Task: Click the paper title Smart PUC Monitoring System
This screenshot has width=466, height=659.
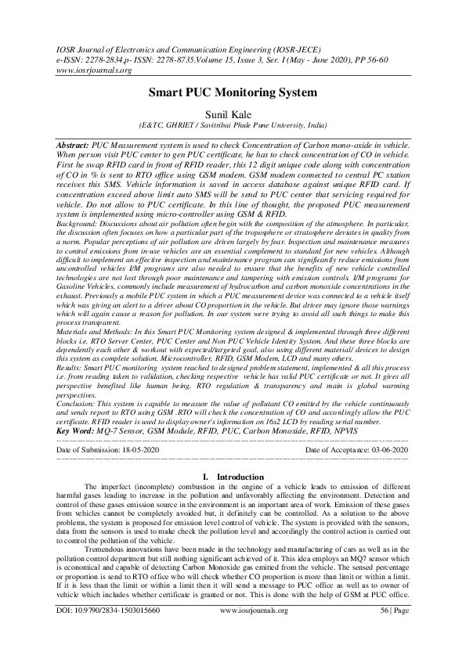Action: [233, 92]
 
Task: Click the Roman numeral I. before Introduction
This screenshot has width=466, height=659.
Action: [205, 477]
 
